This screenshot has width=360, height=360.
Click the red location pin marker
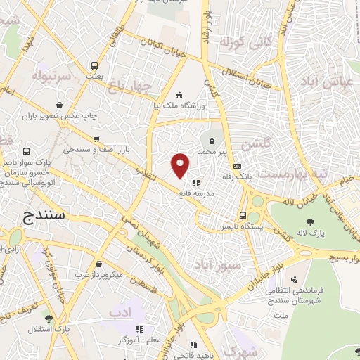coord(181,165)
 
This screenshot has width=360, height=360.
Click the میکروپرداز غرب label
coord(103,274)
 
